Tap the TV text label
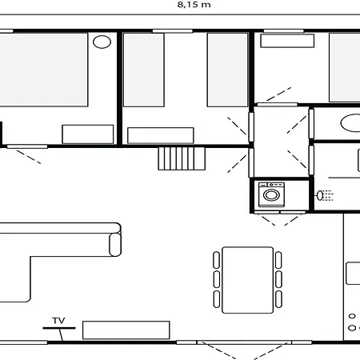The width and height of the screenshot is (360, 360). click(58, 320)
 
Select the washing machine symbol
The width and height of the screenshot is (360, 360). click(272, 194)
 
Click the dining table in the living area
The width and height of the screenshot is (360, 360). click(247, 279)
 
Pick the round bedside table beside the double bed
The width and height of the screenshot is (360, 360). click(102, 42)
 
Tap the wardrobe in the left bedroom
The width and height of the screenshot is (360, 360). click(88, 134)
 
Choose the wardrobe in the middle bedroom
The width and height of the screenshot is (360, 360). click(161, 135)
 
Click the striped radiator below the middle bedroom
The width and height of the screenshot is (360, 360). click(182, 159)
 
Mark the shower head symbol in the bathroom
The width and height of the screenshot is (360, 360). click(324, 194)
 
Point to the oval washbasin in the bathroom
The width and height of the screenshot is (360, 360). click(351, 123)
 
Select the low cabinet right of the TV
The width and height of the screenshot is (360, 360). click(126, 329)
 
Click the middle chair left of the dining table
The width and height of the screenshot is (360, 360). click(216, 279)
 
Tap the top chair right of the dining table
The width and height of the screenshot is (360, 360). click(278, 259)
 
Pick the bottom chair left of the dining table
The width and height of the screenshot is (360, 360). click(216, 298)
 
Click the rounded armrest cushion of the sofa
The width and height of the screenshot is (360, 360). click(114, 242)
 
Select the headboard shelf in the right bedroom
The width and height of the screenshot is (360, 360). click(288, 41)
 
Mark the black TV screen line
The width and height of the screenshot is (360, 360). click(59, 327)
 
